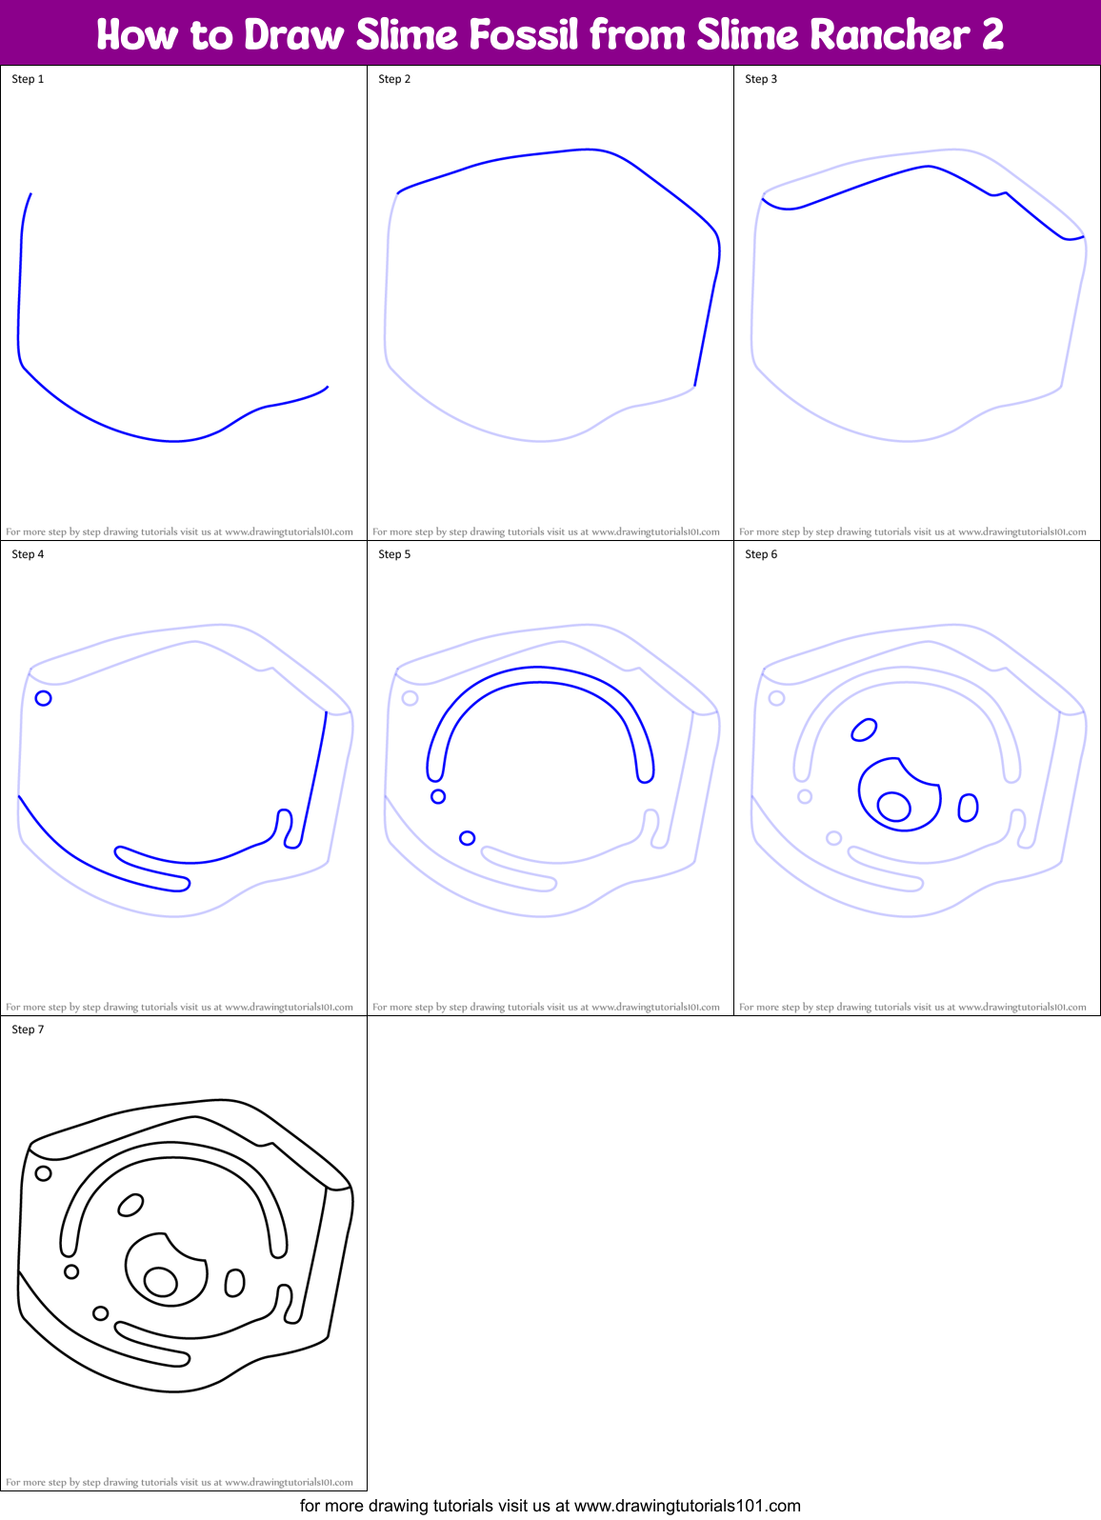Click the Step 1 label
(x=28, y=79)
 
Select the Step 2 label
(x=394, y=79)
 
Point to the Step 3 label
(x=761, y=79)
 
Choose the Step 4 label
(x=28, y=554)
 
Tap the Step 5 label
(x=394, y=554)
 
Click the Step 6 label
(x=761, y=554)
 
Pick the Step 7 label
(x=28, y=1030)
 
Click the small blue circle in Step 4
(x=43, y=698)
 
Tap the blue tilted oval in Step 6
(x=864, y=730)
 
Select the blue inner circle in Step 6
(x=893, y=806)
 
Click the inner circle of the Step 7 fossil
(x=160, y=1281)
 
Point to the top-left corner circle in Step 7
(x=43, y=1173)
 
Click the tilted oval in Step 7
(x=130, y=1206)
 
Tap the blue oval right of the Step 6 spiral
(x=968, y=808)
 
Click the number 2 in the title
(x=992, y=35)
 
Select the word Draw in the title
(x=293, y=35)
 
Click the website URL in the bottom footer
(x=687, y=1506)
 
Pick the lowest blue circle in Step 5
(x=467, y=838)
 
